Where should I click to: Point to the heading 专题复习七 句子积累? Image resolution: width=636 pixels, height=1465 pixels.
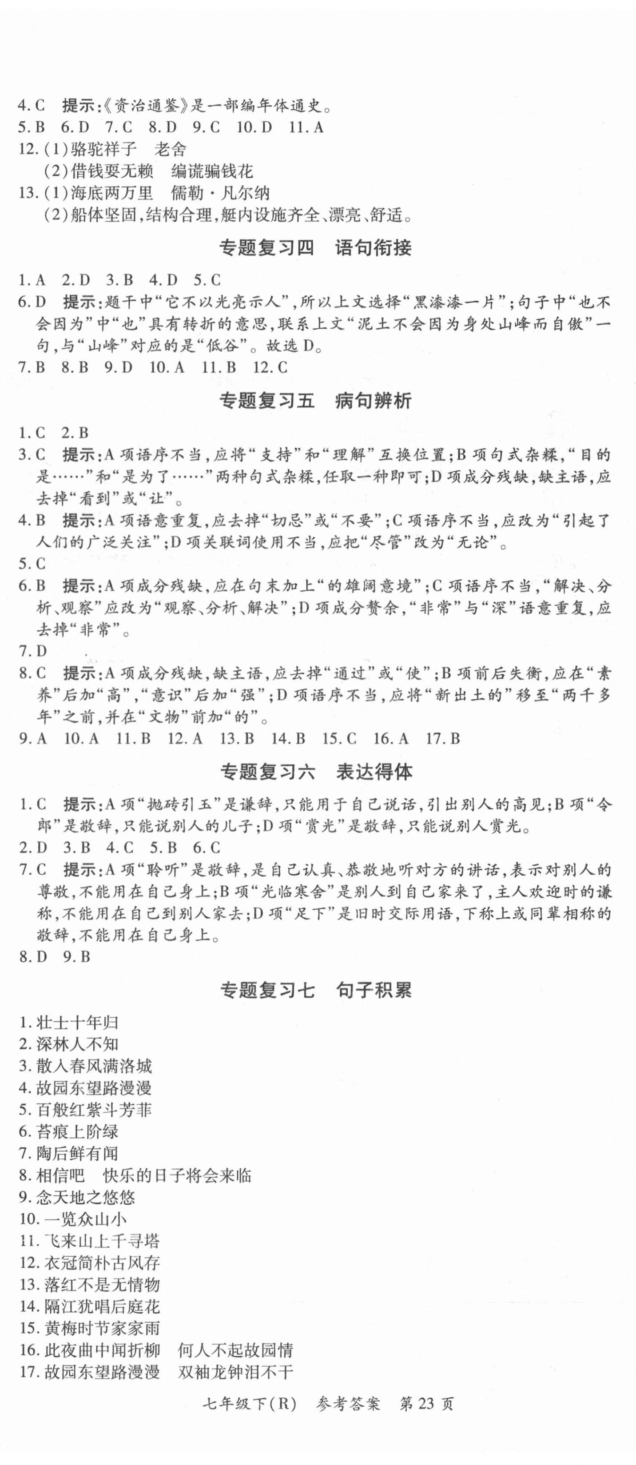click(x=316, y=991)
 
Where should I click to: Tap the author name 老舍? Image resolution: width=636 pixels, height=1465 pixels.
click(x=171, y=149)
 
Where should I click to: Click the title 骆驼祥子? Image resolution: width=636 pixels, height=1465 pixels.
click(x=103, y=149)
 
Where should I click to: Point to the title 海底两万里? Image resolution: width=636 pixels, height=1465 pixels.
click(x=111, y=193)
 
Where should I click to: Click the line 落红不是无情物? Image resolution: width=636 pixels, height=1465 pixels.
click(x=102, y=1285)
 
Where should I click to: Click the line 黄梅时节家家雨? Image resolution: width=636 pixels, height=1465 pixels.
click(x=102, y=1329)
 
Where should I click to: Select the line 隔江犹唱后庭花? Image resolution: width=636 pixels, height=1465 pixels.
click(x=102, y=1306)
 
